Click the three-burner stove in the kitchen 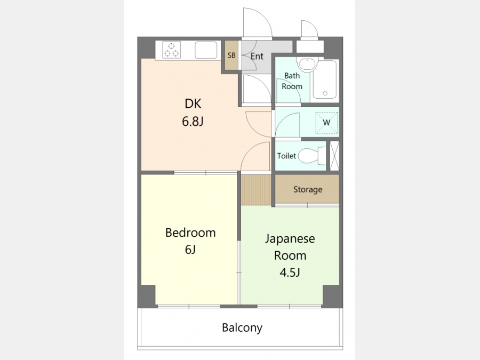(171, 50)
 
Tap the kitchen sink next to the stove (206, 50)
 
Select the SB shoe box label (232, 55)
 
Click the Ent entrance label (257, 57)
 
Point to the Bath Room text (292, 81)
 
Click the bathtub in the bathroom (325, 80)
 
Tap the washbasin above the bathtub (307, 65)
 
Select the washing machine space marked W (326, 123)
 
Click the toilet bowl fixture (312, 156)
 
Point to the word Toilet (286, 156)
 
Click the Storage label (308, 189)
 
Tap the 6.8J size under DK (193, 122)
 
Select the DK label (193, 104)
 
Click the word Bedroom (190, 233)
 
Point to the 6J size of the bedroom (190, 250)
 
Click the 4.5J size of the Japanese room (290, 272)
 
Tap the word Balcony (242, 328)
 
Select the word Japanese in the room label (290, 239)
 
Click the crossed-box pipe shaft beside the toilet (334, 156)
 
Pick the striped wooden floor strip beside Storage (256, 189)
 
